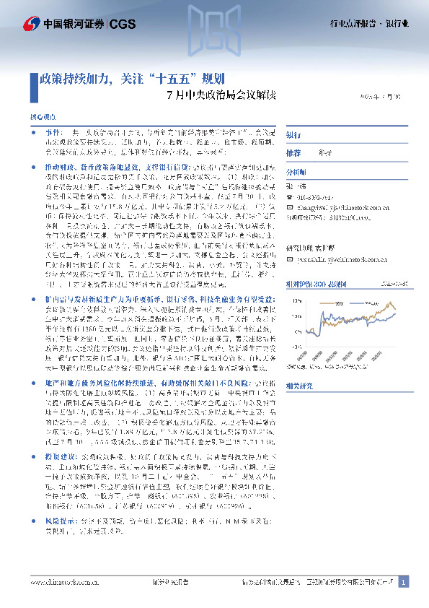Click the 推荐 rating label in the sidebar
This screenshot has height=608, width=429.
[293, 154]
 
